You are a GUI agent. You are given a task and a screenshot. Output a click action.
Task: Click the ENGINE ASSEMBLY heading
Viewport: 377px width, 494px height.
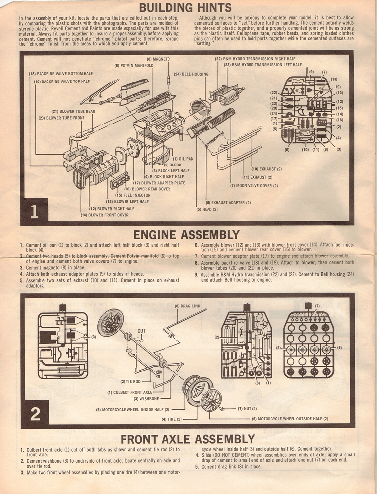pos(186,234)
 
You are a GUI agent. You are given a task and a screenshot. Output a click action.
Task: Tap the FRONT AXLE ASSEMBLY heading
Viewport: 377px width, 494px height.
pos(188,439)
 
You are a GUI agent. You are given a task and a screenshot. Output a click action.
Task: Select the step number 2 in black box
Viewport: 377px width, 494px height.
pos(35,413)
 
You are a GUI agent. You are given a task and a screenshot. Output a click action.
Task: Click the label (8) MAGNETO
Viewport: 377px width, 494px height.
pos(158,59)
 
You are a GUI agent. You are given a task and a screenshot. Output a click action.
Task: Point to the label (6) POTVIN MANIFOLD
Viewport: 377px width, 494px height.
pos(133,66)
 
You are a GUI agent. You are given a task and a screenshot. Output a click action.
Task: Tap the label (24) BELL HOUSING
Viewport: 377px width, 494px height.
pos(191,74)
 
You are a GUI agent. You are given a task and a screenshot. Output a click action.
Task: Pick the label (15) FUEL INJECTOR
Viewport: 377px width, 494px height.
pos(132,195)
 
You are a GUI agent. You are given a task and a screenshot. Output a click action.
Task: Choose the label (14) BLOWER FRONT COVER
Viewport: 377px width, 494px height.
pos(105,215)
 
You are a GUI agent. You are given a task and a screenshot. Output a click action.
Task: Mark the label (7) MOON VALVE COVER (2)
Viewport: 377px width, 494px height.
pos(254,186)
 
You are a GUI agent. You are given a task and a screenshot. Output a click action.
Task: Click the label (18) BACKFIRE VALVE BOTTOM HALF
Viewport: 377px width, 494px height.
pos(61,74)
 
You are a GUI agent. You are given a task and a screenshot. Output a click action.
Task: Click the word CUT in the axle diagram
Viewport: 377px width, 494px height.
pos(142,331)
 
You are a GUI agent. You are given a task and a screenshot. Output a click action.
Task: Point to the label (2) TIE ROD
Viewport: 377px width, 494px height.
pos(130,381)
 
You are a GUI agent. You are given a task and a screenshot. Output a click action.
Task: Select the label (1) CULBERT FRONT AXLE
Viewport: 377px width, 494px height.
pos(129,392)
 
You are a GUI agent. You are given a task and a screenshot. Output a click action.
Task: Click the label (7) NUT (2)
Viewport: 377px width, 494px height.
pos(245,409)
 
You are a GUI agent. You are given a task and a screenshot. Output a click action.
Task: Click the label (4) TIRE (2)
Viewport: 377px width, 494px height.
pos(172,419)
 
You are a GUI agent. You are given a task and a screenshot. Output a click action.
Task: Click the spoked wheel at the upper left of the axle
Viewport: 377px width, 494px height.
pos(110,323)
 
